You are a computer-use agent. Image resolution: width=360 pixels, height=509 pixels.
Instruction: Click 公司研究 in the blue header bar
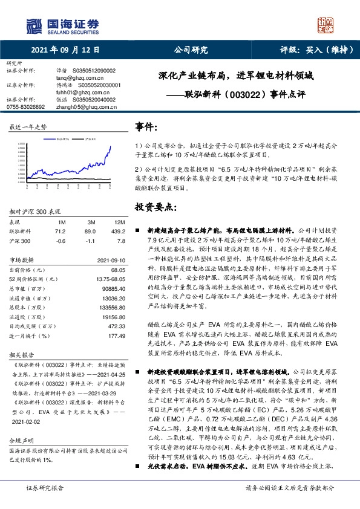(191, 51)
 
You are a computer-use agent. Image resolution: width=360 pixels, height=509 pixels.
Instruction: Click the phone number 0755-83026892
(25, 106)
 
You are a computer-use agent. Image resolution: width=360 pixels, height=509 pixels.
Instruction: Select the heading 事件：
(148, 127)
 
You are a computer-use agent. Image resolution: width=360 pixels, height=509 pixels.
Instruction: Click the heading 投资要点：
(155, 207)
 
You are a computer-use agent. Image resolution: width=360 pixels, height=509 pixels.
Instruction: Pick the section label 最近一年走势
(28, 127)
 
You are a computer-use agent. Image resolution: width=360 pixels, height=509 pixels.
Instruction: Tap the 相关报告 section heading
(19, 355)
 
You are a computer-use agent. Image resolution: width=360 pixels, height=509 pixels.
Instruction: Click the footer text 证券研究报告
(44, 504)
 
